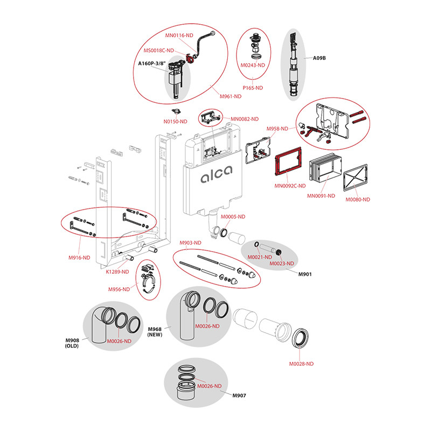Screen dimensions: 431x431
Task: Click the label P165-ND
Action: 252,87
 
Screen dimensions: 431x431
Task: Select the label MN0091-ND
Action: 321,196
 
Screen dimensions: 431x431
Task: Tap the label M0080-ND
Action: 358,199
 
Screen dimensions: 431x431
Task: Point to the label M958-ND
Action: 277,129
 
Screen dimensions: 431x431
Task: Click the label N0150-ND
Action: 176,121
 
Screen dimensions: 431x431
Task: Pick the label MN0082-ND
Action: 245,119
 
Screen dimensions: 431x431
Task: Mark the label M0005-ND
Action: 233,217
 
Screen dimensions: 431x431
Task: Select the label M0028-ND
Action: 301,364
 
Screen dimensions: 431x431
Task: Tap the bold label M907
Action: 239,396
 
